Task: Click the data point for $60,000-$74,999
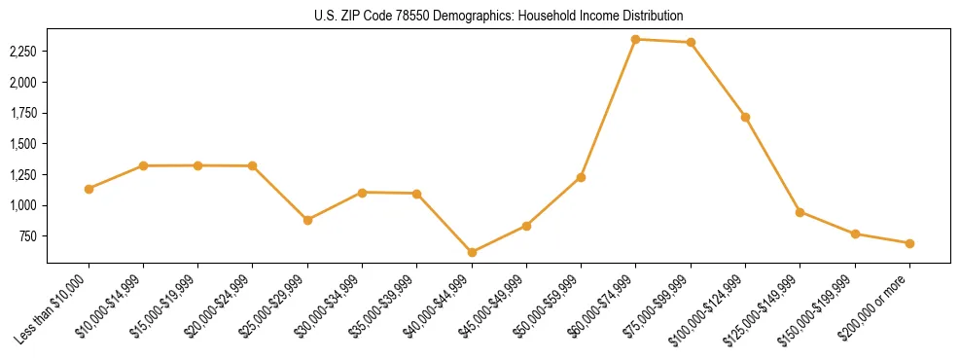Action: point(635,39)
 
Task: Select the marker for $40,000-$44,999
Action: point(472,252)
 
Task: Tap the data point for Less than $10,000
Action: point(89,189)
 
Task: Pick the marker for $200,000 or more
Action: point(909,243)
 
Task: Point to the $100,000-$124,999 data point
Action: point(745,117)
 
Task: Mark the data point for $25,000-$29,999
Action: point(307,220)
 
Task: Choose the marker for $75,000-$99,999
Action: point(691,42)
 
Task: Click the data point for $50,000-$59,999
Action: point(581,177)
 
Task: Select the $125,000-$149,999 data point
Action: point(800,212)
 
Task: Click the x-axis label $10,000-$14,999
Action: point(112,306)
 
